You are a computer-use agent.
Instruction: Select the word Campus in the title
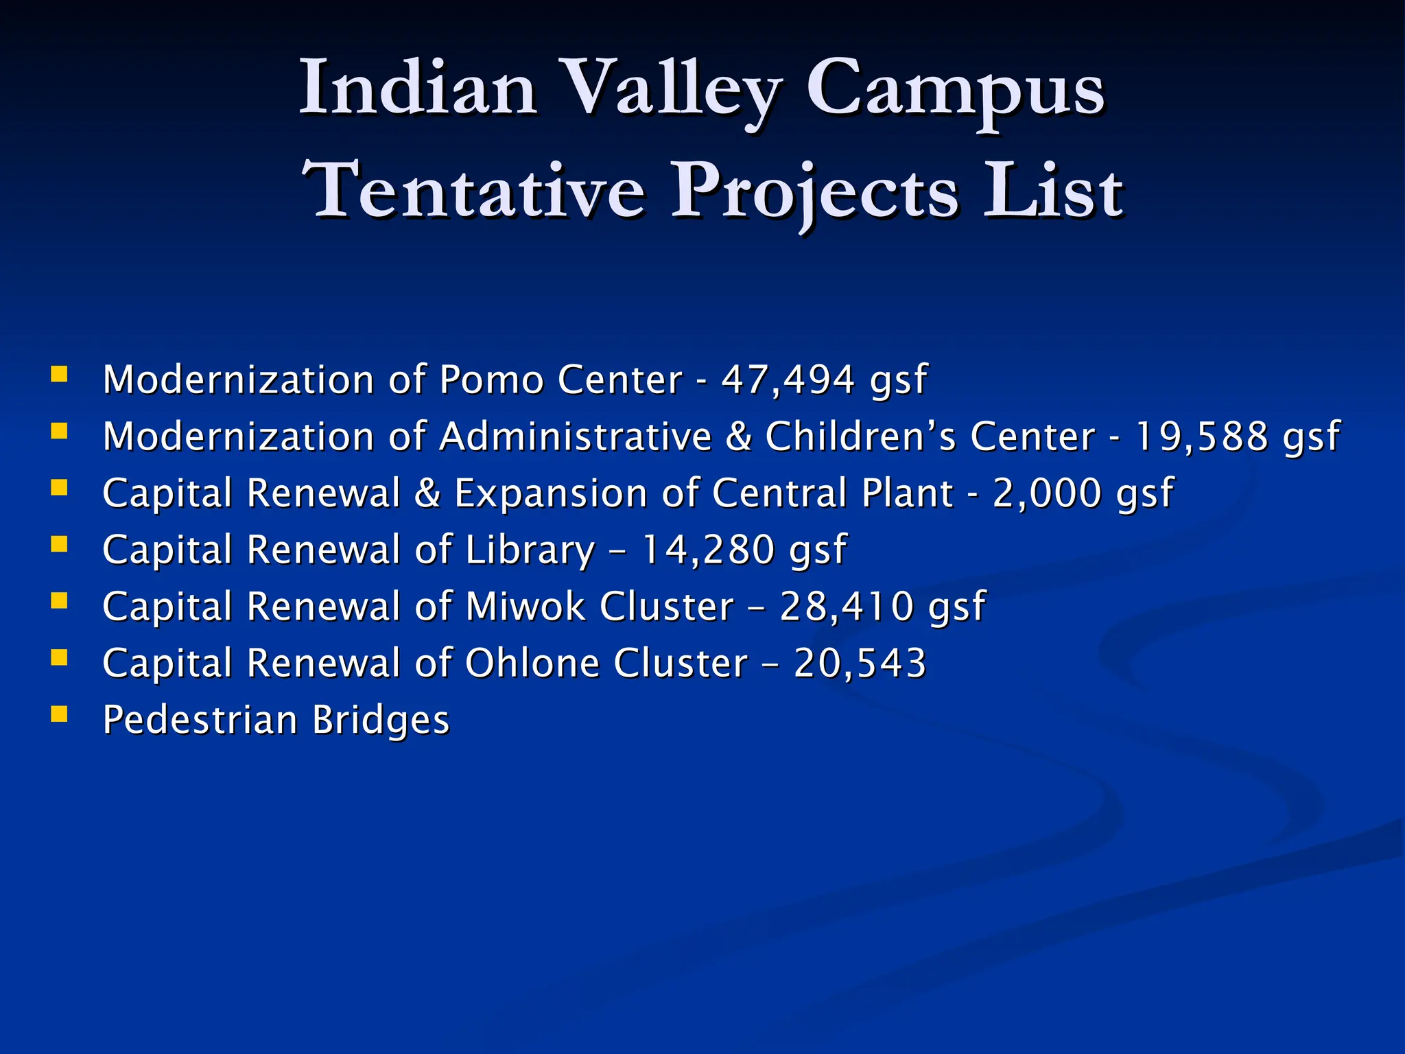click(955, 89)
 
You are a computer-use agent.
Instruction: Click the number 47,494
click(788, 379)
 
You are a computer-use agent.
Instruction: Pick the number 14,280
click(707, 550)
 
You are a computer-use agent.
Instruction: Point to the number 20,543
click(860, 663)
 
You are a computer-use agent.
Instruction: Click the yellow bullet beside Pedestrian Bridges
click(60, 715)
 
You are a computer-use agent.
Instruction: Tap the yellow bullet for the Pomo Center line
click(60, 375)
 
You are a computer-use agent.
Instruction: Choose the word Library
click(530, 551)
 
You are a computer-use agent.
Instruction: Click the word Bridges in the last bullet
click(381, 721)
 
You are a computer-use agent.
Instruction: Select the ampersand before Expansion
click(427, 493)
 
